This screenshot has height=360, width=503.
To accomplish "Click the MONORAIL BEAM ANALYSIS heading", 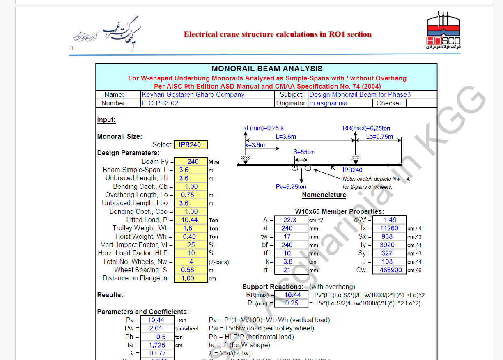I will [267, 69].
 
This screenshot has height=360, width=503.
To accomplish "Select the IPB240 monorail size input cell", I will [191, 145].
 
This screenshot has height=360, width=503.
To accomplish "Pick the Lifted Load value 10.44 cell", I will [191, 220].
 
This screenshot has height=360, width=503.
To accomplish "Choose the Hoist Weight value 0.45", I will [191, 236].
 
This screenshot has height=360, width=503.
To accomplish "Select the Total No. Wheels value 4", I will [191, 261].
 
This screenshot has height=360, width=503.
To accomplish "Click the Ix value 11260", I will [389, 228].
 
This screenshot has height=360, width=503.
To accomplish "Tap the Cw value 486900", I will [389, 270].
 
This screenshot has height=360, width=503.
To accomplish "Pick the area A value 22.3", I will [290, 220].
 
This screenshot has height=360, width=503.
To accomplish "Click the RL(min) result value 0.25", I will [292, 303].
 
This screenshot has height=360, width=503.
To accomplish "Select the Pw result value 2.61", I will [156, 328].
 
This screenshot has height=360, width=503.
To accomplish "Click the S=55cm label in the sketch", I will [304, 152].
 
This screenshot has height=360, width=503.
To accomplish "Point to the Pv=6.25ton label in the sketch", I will [291, 187].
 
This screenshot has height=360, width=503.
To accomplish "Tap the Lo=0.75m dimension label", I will [379, 137].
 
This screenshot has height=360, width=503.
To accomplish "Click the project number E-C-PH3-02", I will [160, 103].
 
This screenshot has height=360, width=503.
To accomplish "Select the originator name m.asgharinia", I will [328, 103].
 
